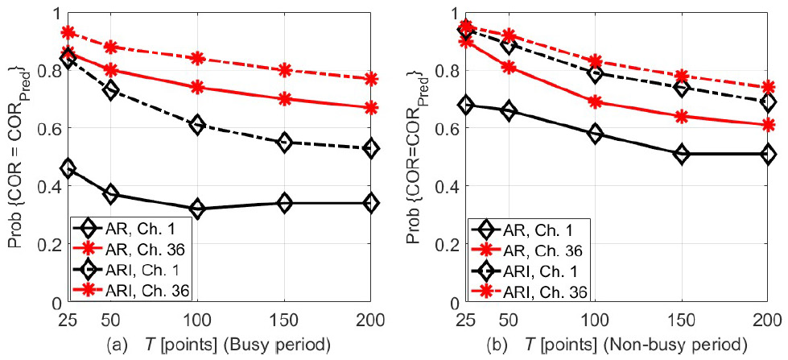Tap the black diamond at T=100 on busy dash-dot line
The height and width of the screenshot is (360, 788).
tap(197, 125)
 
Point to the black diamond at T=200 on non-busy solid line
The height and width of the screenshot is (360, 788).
tap(768, 154)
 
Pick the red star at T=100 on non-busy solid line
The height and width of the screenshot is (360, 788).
tap(594, 102)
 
